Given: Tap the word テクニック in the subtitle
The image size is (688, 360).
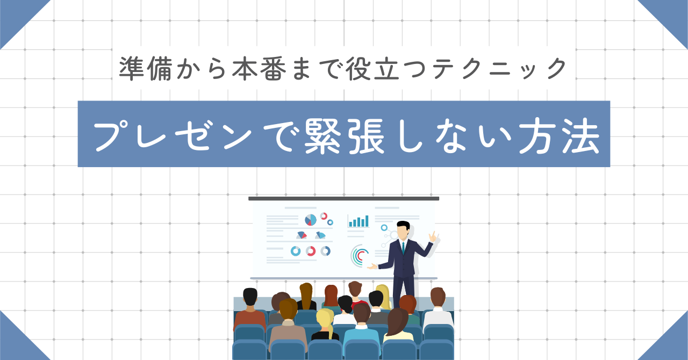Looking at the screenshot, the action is point(500,69).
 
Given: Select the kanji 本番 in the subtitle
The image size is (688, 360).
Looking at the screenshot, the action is point(259,69).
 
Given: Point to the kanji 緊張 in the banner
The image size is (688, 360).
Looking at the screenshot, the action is point(345,135).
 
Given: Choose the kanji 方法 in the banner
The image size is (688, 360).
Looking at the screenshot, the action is point(559,135).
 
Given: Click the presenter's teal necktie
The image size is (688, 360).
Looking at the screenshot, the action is point(403,248).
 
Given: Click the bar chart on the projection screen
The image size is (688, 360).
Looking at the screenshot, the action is point(358,221).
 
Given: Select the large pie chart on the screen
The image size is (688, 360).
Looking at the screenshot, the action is point(311,220).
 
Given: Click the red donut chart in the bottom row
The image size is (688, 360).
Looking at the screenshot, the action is point(311,251).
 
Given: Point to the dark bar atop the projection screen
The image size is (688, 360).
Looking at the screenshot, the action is point(343,198).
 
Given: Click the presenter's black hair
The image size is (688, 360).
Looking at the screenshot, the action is point(404,225).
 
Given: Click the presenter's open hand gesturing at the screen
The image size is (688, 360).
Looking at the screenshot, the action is point(372,267).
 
